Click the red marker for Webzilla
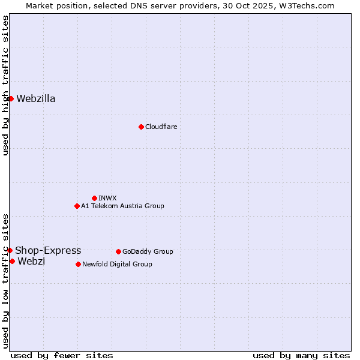point(11,98)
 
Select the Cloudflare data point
point(141,127)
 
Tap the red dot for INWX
point(94,198)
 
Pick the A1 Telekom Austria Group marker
point(77,206)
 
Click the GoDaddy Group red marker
point(118,251)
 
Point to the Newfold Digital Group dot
point(78,264)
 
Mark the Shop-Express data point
point(10,250)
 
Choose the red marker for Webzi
point(12,261)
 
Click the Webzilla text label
point(36,99)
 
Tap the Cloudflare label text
point(161,127)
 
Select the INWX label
point(107,198)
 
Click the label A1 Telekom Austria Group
point(122,206)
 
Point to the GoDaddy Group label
point(148,251)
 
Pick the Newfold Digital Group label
point(117,264)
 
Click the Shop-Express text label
point(48,251)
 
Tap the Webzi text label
point(31,262)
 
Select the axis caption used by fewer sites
point(62,355)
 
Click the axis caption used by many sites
point(301,355)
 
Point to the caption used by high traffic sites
point(6,85)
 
